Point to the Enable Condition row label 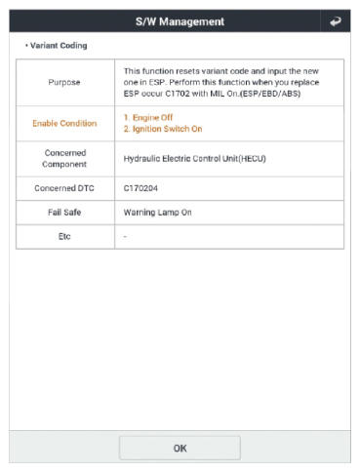(x=65, y=124)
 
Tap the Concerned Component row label (x=65, y=162)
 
